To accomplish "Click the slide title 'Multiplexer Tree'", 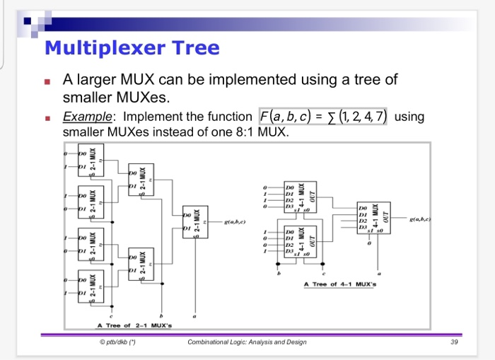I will (132, 48).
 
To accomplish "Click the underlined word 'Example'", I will (81, 117).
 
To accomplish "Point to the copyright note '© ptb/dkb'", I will (117, 342).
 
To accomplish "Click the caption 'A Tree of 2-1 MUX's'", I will (134, 325).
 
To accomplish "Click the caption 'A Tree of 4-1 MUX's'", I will (342, 284).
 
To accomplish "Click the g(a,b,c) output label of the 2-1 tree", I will (235, 221).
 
